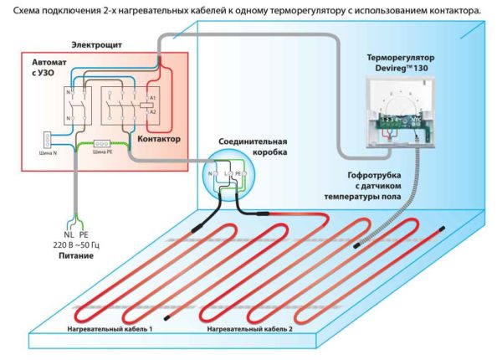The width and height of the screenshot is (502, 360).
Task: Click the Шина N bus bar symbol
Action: pyautogui.click(x=48, y=139)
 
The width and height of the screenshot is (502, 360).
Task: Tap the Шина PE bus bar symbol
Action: pyautogui.click(x=105, y=143)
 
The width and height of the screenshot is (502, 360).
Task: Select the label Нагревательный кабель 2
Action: pyautogui.click(x=248, y=330)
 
